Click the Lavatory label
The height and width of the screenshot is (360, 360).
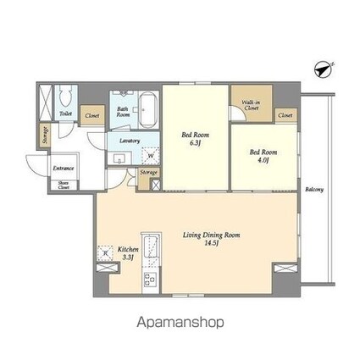130,141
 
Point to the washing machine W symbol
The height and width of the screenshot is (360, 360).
150,154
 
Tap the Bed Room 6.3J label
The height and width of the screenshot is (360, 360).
194,140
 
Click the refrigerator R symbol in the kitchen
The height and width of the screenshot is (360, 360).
106,252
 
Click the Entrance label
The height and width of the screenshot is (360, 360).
64,168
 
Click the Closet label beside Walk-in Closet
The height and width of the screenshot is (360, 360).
285,114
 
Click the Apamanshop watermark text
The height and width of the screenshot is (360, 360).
180,323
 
